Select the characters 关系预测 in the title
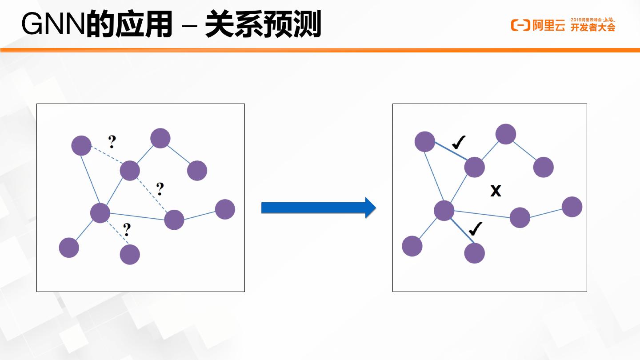coord(263,26)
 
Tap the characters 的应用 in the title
coord(129,26)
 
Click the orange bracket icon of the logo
coord(520,25)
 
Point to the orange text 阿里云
coord(549,26)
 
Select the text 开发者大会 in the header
coord(593,28)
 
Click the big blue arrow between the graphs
coord(318,208)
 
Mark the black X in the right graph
coord(496,191)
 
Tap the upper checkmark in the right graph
coord(458,142)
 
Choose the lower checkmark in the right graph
coord(476,229)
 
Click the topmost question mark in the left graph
coord(112,142)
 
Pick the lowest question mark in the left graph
coord(127,230)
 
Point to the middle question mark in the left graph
coord(160,189)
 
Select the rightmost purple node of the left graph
coord(225,209)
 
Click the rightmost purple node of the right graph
coord(572,207)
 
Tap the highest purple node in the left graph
coord(160,138)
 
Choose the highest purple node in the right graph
coord(506,134)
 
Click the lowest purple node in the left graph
coord(130,255)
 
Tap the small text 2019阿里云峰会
coord(586,20)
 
